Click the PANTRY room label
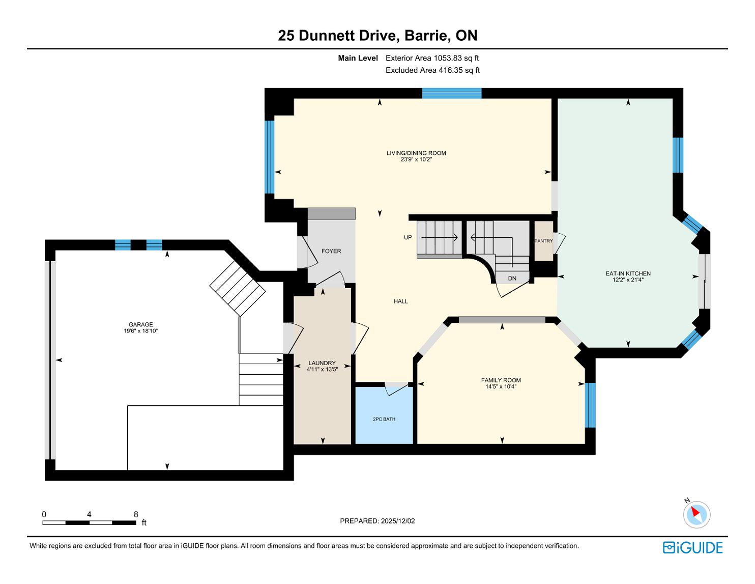tap(543, 241)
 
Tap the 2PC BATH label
tap(384, 419)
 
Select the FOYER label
tap(331, 251)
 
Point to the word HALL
tap(400, 301)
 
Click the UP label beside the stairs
tap(408, 237)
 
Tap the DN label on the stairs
tap(512, 279)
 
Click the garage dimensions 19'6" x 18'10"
tap(141, 331)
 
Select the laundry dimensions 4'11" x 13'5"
tap(322, 369)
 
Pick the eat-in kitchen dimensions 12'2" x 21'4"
tap(628, 280)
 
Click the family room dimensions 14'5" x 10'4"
tap(501, 386)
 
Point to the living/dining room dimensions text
tap(416, 159)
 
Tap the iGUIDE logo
tap(692, 547)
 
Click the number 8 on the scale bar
tap(136, 514)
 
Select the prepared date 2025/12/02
tap(397, 521)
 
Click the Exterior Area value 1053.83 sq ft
tap(456, 58)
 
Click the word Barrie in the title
tap(426, 36)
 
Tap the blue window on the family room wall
tap(590, 405)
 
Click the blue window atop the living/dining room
tap(452, 93)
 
